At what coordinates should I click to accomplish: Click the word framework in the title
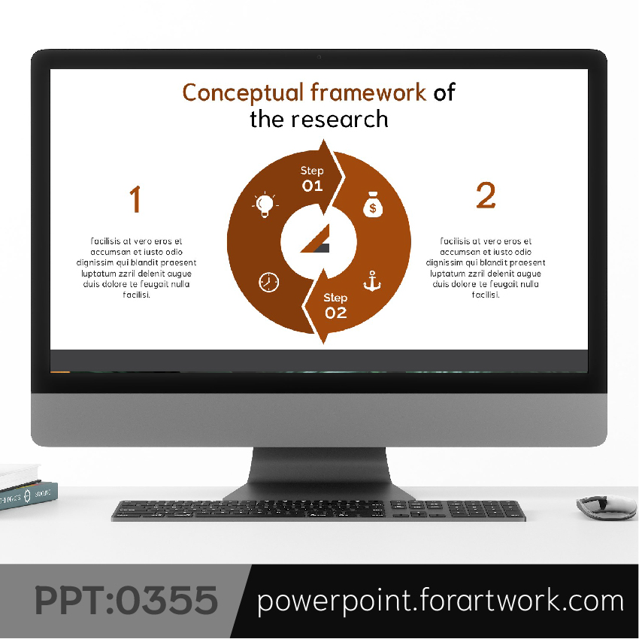click(x=368, y=92)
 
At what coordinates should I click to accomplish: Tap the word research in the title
click(x=339, y=120)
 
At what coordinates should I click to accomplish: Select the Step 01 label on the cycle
click(x=312, y=179)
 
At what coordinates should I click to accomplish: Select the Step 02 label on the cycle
click(x=335, y=306)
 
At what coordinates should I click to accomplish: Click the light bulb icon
click(x=265, y=204)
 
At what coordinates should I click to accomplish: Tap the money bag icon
click(x=373, y=204)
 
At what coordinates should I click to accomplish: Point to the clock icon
click(x=269, y=282)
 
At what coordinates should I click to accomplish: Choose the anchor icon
click(x=372, y=281)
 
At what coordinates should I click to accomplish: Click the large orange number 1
click(x=135, y=199)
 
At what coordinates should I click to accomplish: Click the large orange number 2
click(x=486, y=195)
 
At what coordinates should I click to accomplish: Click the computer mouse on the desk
click(x=607, y=507)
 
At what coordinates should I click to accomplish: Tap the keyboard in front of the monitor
click(x=318, y=510)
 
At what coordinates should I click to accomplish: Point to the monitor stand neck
click(x=319, y=467)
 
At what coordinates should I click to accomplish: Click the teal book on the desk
click(x=29, y=495)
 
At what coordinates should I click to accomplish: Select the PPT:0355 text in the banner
click(x=126, y=601)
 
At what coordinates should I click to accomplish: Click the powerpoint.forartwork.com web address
click(x=440, y=601)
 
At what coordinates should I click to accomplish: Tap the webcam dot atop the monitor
click(x=319, y=57)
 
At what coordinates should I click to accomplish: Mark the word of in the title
click(x=444, y=92)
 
